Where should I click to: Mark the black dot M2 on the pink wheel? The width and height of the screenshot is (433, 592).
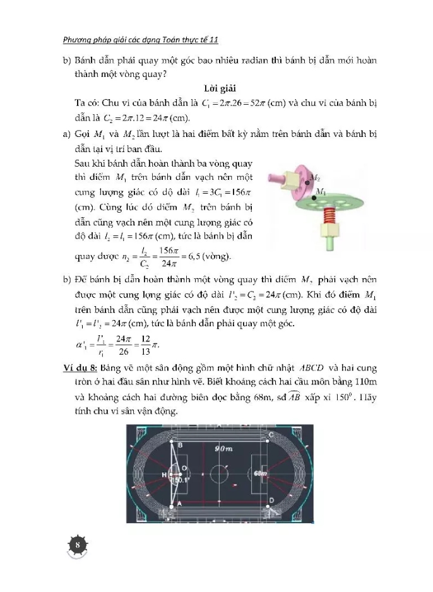(x=307, y=182)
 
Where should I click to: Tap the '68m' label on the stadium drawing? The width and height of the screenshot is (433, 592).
(x=260, y=472)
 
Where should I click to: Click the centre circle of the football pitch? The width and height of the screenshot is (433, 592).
(x=218, y=472)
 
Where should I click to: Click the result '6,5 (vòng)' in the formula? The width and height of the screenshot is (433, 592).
(x=211, y=256)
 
